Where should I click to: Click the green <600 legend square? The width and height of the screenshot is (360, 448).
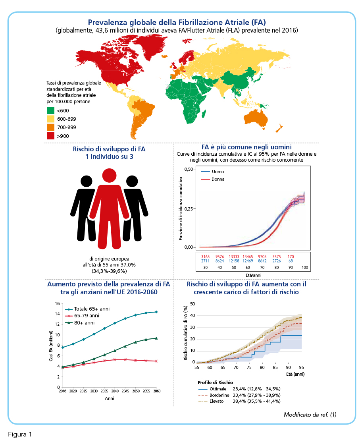point(51,110)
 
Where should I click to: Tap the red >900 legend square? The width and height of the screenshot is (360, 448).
point(51,136)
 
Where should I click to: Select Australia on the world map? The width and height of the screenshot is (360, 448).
point(256,118)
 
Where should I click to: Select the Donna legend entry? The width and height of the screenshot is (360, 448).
point(213,179)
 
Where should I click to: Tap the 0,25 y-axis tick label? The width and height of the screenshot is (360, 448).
point(189,209)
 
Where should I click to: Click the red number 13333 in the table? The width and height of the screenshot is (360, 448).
point(234,257)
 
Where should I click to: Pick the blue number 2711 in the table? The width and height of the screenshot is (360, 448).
point(205,261)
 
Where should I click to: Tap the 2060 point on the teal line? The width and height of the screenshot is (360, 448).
point(156,312)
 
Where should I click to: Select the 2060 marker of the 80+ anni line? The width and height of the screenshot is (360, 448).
point(156,338)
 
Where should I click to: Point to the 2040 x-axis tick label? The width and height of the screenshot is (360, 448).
point(115,391)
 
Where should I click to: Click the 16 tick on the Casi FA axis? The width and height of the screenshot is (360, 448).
point(58,303)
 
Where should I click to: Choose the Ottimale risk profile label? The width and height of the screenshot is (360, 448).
point(218,389)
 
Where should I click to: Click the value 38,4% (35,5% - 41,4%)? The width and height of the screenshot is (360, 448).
point(257,401)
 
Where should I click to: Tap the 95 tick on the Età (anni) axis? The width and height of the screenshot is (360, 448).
point(302,367)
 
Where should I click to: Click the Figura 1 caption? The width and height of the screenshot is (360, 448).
point(20,434)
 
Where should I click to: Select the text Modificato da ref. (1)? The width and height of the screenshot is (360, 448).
point(310,415)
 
